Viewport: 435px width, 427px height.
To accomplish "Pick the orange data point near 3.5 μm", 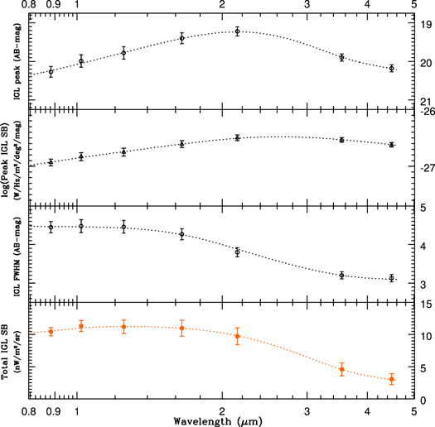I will [341, 369].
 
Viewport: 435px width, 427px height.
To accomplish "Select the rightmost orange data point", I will [392, 379].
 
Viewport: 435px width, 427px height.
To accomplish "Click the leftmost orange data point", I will [51, 331].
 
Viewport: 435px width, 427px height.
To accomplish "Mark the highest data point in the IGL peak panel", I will [237, 31].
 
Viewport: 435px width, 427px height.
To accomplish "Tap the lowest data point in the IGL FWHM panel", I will [392, 278].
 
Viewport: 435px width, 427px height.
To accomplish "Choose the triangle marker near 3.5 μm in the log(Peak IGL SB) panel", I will [341, 140].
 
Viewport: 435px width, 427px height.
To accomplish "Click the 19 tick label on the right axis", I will [427, 26].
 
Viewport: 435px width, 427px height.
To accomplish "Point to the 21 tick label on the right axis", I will [427, 101].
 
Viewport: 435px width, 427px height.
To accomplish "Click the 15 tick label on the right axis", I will [427, 305].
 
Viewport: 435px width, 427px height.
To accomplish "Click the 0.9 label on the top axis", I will [51, 6].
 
